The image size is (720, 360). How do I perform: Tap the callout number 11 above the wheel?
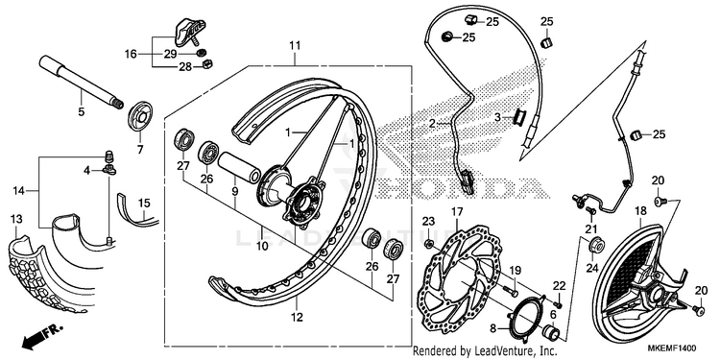[x=295, y=45]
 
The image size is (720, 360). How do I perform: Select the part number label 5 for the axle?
[x=82, y=111]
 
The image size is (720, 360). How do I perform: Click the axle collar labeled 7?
[x=139, y=118]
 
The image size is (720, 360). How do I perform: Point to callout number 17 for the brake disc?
[x=457, y=212]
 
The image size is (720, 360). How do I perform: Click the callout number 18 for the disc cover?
[x=640, y=211]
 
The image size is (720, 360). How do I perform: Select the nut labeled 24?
[x=596, y=246]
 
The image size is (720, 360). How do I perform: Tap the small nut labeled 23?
[x=428, y=243]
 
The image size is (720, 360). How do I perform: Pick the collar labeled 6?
[x=551, y=331]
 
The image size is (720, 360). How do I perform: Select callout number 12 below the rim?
[x=297, y=317]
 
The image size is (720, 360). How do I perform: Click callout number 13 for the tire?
[x=16, y=220]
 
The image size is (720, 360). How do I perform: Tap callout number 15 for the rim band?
[x=144, y=203]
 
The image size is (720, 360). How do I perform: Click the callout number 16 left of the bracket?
[x=131, y=54]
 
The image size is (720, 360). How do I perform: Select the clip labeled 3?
[x=519, y=118]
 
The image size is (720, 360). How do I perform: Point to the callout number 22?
[x=559, y=286]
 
